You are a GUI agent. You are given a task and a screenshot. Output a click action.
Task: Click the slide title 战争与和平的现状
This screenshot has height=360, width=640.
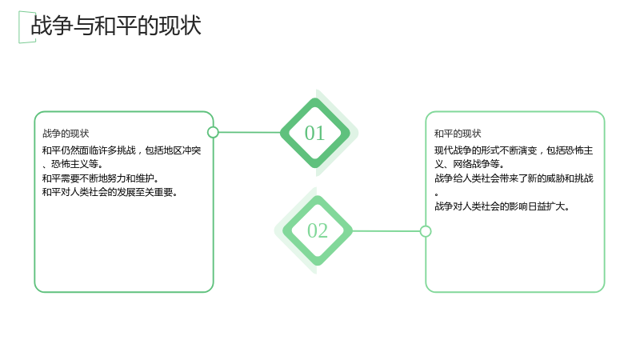pos(116,26)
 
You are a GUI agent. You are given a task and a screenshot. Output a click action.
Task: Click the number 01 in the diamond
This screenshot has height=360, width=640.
pos(314,133)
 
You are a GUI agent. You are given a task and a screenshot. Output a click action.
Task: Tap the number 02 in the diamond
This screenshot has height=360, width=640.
pos(318,230)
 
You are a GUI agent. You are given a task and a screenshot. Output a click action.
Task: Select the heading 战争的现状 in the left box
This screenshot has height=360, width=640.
pos(66,134)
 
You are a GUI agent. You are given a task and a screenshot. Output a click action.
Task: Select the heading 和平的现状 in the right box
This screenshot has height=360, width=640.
pos(458,134)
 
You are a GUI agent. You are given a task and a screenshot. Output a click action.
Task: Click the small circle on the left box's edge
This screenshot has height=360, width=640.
pos(213,132)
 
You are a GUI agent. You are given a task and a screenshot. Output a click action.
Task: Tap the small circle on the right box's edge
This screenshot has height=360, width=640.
pos(426,231)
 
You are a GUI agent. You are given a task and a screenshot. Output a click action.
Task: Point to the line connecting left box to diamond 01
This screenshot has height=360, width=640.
pos(250,132)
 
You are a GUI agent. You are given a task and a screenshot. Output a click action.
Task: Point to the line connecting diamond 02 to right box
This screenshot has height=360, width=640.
pos(386,231)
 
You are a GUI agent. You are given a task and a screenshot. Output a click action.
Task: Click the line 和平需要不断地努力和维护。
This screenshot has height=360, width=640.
pos(101,178)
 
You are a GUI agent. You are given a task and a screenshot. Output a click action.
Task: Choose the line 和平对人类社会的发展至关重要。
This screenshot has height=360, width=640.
pos(110,192)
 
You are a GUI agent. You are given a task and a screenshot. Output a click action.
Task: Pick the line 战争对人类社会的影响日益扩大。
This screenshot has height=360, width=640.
pos(502,206)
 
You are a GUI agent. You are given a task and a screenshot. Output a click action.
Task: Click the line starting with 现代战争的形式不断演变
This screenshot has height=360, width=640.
pos(514,150)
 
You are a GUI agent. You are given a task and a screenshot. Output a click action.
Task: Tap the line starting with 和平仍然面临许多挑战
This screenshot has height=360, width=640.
pos(122,150)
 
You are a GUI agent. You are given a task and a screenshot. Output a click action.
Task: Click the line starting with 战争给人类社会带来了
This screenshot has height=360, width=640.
pos(514,178)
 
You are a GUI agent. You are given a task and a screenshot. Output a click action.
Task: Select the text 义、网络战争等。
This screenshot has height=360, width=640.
pos(470,164)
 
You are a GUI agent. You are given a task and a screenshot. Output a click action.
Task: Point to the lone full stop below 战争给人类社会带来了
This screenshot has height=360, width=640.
pos(436,194)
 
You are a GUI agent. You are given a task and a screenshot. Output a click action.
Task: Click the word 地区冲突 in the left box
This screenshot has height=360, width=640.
pos(183,150)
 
